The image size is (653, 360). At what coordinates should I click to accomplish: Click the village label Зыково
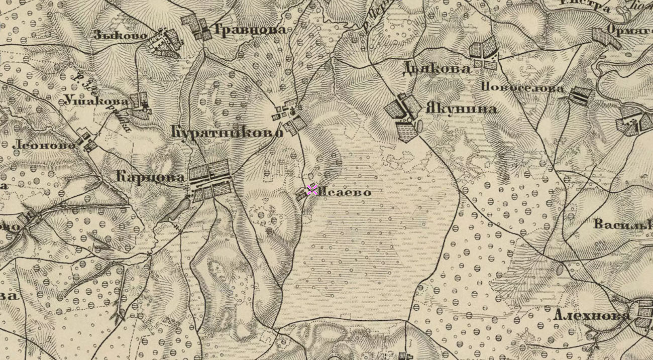pyautogui.click(x=120, y=35)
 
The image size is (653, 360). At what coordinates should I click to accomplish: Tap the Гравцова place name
pyautogui.click(x=250, y=30)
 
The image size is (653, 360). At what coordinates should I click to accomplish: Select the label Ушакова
pyautogui.click(x=96, y=100)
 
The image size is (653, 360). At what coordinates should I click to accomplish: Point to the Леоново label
pyautogui.click(x=44, y=145)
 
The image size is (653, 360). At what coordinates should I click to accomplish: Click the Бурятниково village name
pyautogui.click(x=227, y=133)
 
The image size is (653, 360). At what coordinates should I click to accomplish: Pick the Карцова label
pyautogui.click(x=150, y=177)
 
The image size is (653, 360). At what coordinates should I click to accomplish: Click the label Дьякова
pyautogui.click(x=437, y=69)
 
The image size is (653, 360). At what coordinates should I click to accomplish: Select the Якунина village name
pyautogui.click(x=461, y=108)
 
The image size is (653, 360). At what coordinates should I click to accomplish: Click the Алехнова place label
pyautogui.click(x=591, y=315)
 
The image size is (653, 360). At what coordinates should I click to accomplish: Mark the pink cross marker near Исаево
pyautogui.click(x=312, y=189)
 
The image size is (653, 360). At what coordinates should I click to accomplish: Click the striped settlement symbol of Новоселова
pyautogui.click(x=580, y=95)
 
